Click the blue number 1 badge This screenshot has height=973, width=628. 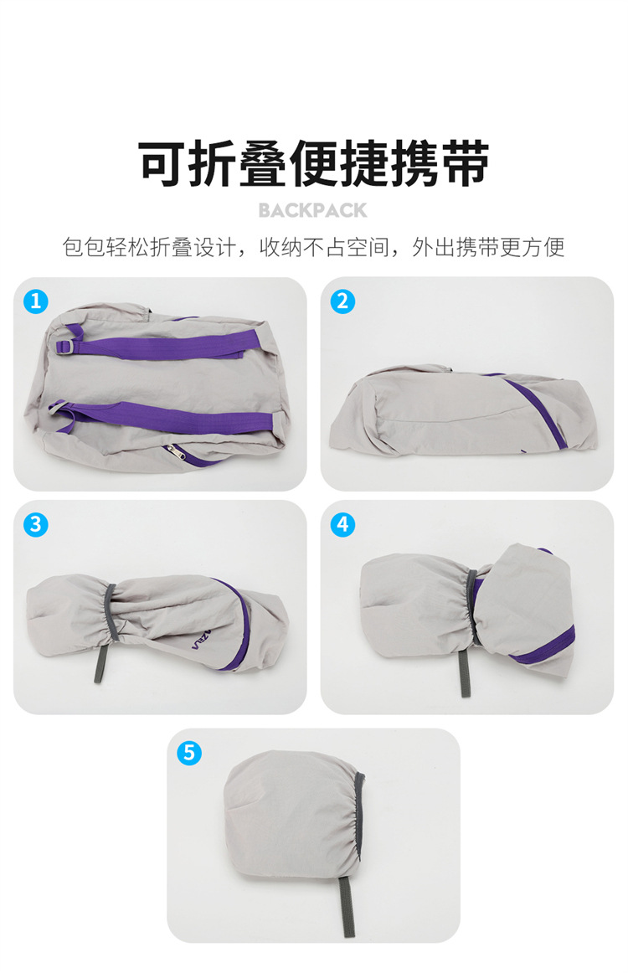[36, 301]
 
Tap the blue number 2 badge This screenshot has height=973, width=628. [342, 301]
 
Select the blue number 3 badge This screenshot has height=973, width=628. [36, 524]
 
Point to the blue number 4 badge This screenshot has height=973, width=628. [342, 524]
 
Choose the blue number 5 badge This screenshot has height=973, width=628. [189, 753]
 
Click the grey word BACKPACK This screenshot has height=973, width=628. [313, 210]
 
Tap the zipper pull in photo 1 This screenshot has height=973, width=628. [174, 450]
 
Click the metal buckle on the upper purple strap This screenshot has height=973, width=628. [66, 347]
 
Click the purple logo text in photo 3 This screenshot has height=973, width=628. [201, 640]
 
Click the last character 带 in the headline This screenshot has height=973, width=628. [465, 164]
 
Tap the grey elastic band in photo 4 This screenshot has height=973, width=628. [471, 607]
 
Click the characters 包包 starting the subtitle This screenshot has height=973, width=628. [84, 247]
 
